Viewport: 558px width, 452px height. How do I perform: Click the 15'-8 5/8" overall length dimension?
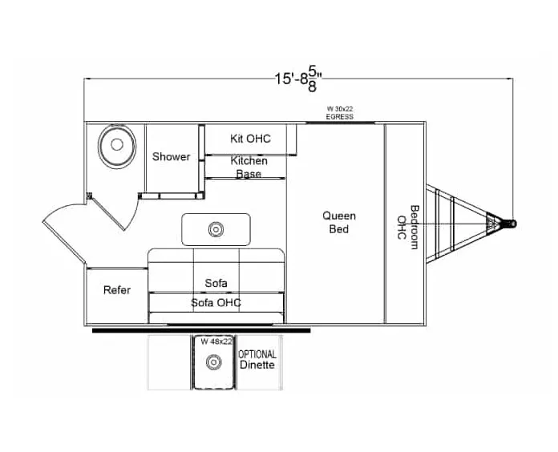(303, 78)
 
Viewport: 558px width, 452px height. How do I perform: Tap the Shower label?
(171, 157)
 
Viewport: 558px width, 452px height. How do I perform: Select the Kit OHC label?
(250, 139)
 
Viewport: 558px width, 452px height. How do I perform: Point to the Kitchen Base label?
(249, 167)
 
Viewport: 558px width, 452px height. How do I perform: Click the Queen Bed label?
(339, 222)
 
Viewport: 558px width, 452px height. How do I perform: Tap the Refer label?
(116, 290)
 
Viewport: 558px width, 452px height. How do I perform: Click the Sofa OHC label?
(216, 303)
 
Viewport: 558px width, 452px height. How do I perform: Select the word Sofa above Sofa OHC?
(216, 283)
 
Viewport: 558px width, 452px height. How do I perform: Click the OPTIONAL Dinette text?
(257, 360)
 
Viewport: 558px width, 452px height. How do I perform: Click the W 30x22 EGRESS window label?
(339, 113)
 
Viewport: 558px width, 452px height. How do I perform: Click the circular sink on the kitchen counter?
(215, 230)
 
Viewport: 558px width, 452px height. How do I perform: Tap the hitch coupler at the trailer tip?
(508, 223)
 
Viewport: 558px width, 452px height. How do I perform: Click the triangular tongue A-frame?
(457, 223)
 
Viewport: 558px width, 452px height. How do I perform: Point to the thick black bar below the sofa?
(200, 329)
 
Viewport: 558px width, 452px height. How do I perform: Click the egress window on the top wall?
(339, 123)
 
